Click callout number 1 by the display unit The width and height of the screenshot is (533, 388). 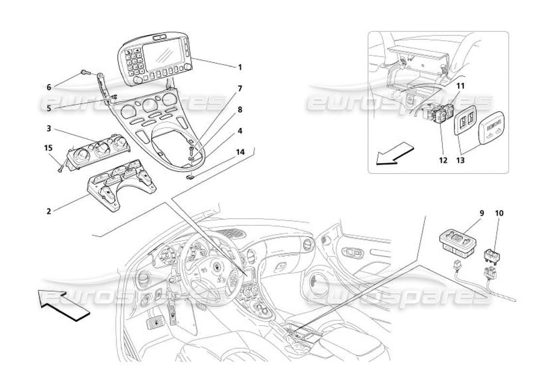240,67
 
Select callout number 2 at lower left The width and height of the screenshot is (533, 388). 48,211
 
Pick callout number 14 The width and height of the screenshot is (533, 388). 240,152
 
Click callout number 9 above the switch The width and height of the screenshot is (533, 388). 469,212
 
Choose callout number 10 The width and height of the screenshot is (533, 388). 499,212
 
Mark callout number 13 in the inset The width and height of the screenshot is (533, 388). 460,160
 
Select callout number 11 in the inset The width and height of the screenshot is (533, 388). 460,85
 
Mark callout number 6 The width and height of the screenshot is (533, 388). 48,87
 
